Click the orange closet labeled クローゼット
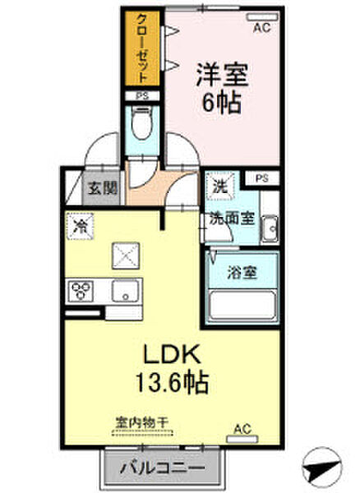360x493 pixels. point(143,48)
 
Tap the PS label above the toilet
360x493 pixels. point(142,96)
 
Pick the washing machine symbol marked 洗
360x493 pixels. point(219,187)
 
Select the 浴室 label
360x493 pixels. point(241,273)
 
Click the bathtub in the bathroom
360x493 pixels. point(242,305)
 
